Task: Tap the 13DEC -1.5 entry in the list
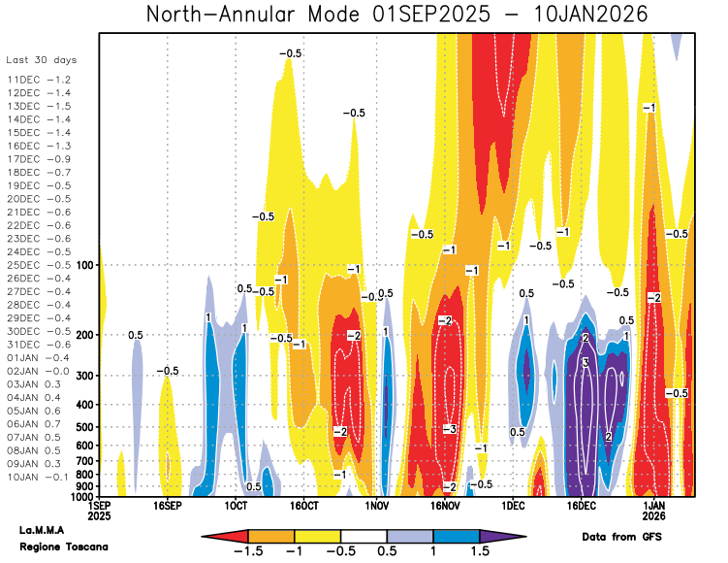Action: pos(39,106)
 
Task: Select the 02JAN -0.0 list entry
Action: pos(38,371)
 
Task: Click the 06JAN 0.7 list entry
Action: pos(34,424)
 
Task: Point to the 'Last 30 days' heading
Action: pos(42,60)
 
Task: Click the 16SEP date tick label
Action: pos(167,506)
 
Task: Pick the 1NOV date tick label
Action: pos(376,506)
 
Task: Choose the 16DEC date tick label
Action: pos(581,506)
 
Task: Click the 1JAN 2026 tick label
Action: pos(653,511)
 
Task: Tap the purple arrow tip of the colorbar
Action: pos(524,537)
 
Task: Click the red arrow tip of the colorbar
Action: pos(204,537)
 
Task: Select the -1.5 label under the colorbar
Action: pos(248,551)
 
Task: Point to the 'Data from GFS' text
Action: pos(621,537)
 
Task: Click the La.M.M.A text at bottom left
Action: pos(42,530)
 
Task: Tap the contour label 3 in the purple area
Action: pos(586,362)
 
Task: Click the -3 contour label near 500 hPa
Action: pos(450,429)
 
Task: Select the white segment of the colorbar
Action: pos(364,537)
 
